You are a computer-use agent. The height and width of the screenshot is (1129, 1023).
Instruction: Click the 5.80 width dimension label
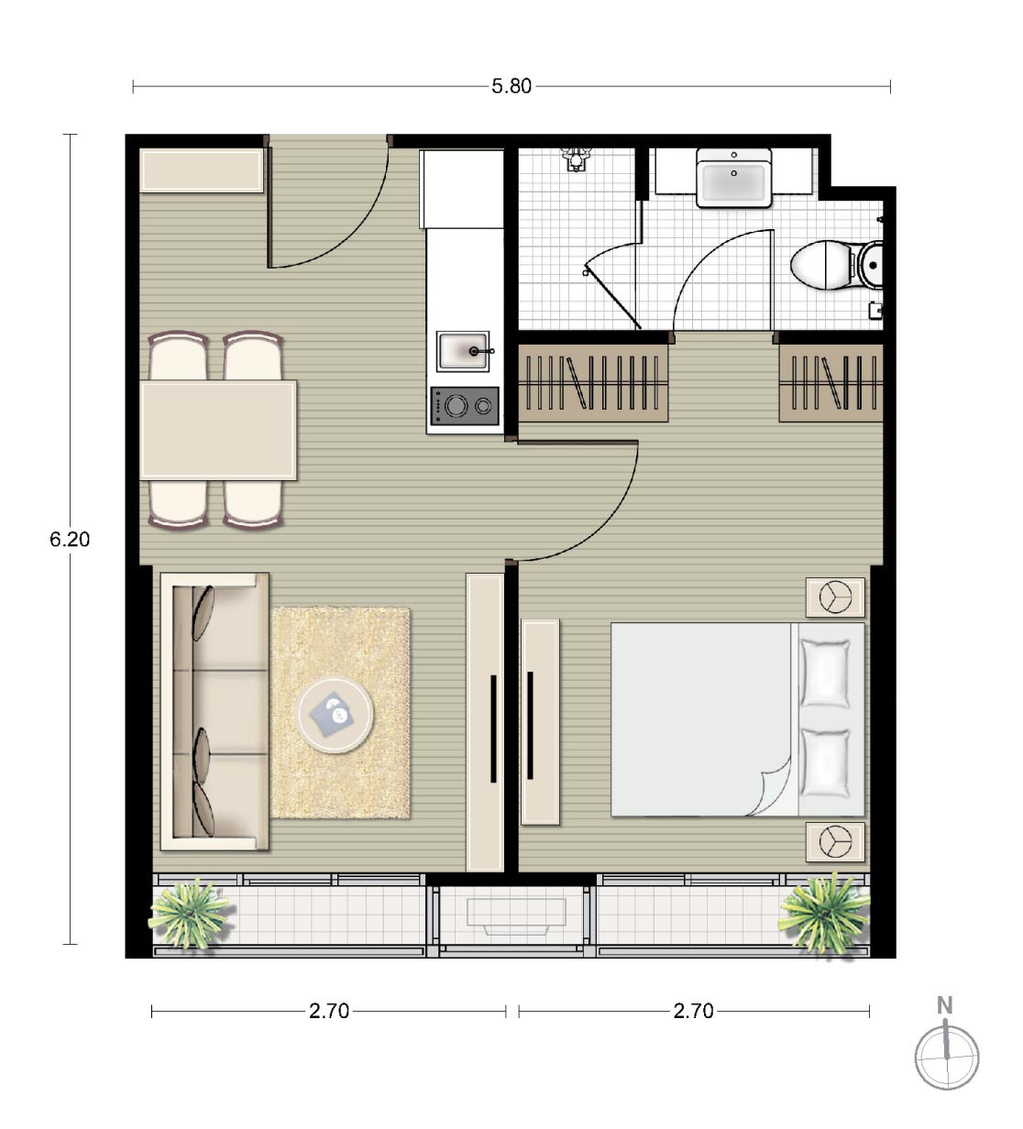click(x=511, y=86)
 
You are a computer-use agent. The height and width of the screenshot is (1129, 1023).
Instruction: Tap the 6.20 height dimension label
click(x=70, y=539)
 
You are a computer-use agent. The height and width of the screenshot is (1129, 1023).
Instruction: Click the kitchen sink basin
click(x=463, y=351)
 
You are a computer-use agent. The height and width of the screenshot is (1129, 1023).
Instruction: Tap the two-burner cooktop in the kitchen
click(x=465, y=406)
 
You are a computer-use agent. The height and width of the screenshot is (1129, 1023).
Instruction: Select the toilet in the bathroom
click(x=837, y=265)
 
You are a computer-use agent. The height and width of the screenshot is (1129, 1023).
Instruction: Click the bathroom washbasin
click(x=733, y=177)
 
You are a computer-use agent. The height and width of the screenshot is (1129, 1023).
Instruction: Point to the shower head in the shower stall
click(x=576, y=158)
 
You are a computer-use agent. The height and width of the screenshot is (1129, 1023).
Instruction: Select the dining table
click(x=218, y=431)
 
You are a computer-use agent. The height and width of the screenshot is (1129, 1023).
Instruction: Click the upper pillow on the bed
click(x=825, y=674)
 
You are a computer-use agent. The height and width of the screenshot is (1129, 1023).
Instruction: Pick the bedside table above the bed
click(x=835, y=597)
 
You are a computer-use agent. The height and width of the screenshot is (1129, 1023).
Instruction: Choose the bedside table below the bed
click(x=835, y=842)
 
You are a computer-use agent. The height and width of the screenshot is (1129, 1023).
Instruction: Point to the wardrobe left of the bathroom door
click(x=593, y=383)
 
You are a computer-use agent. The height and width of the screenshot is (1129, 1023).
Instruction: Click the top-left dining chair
click(x=178, y=356)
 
